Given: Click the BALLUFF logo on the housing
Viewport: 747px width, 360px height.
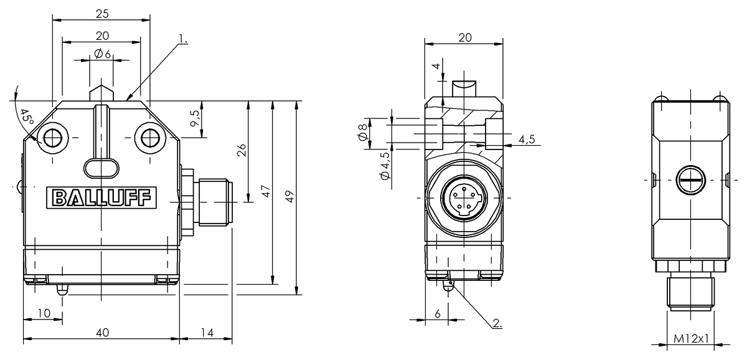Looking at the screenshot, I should coord(101,198).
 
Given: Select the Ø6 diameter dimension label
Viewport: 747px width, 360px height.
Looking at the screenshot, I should coord(102,55).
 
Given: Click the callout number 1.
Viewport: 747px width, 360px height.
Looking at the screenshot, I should coord(182,39).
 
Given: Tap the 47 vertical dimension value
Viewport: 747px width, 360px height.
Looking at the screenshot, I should coord(266,191).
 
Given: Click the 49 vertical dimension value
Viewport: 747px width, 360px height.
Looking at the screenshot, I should coord(289,196).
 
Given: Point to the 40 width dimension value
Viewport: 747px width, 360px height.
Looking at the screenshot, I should coord(102,333).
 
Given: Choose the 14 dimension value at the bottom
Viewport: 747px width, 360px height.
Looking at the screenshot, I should coord(207,333).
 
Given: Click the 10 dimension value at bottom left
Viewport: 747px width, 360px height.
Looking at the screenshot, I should coord(43,313).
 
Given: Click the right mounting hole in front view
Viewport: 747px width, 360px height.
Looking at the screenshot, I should coord(149,136).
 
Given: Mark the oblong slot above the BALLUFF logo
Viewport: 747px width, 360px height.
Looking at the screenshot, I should coord(101,166).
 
